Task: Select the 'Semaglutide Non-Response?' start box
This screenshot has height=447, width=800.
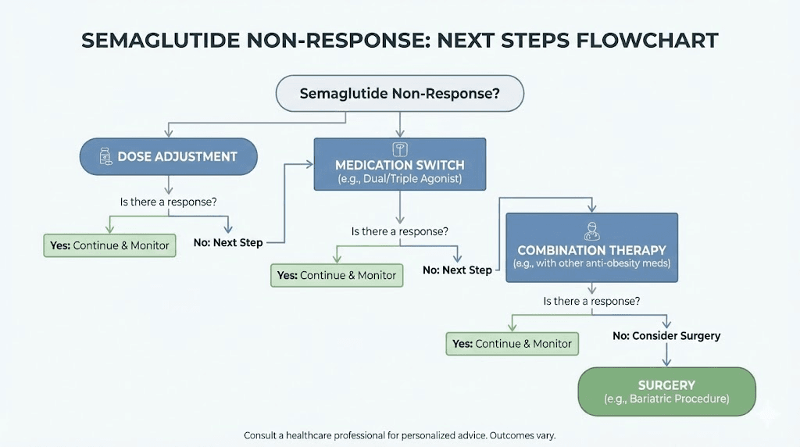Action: (x=399, y=93)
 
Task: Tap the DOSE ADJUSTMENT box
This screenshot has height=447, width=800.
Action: (x=169, y=156)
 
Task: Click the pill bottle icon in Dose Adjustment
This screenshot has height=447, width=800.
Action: (x=105, y=157)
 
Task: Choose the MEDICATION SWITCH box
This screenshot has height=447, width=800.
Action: (x=399, y=164)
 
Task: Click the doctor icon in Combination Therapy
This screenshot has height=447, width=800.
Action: (x=591, y=231)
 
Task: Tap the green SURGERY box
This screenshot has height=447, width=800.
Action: (x=666, y=392)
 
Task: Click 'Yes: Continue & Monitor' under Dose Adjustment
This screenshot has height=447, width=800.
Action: (x=109, y=245)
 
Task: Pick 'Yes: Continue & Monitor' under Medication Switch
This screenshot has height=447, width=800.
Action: (x=337, y=275)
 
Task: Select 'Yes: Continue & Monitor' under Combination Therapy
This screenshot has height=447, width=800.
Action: (x=512, y=344)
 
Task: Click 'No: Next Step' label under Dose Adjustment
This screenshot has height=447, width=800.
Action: (x=228, y=243)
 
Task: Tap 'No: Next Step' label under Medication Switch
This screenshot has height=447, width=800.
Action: (x=457, y=270)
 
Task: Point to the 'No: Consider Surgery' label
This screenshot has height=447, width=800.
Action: (x=666, y=336)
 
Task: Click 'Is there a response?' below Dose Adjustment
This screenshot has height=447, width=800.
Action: (x=168, y=202)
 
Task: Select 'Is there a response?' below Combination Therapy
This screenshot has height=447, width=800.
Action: (x=591, y=301)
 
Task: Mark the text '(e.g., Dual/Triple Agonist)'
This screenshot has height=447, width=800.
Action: (x=399, y=179)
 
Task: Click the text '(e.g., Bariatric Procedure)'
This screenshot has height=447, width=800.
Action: (x=666, y=399)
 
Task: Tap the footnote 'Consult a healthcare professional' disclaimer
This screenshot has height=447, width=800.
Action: (x=399, y=435)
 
